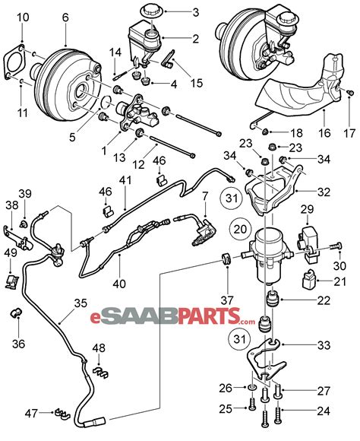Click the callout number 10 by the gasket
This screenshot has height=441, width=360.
point(23,17)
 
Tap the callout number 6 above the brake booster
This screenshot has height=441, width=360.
point(65,17)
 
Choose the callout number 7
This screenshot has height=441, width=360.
point(204,198)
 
